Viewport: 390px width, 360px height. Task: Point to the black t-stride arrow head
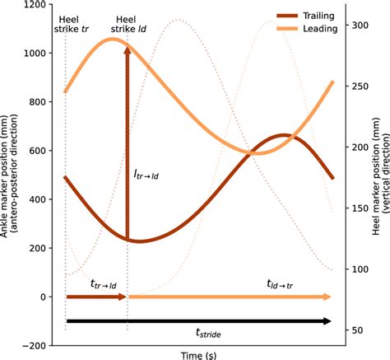tap(328, 321)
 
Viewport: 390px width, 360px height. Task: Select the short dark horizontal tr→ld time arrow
tap(95, 297)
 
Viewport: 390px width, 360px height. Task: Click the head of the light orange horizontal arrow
tap(328, 297)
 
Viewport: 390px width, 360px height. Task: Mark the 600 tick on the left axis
tap(33, 151)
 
